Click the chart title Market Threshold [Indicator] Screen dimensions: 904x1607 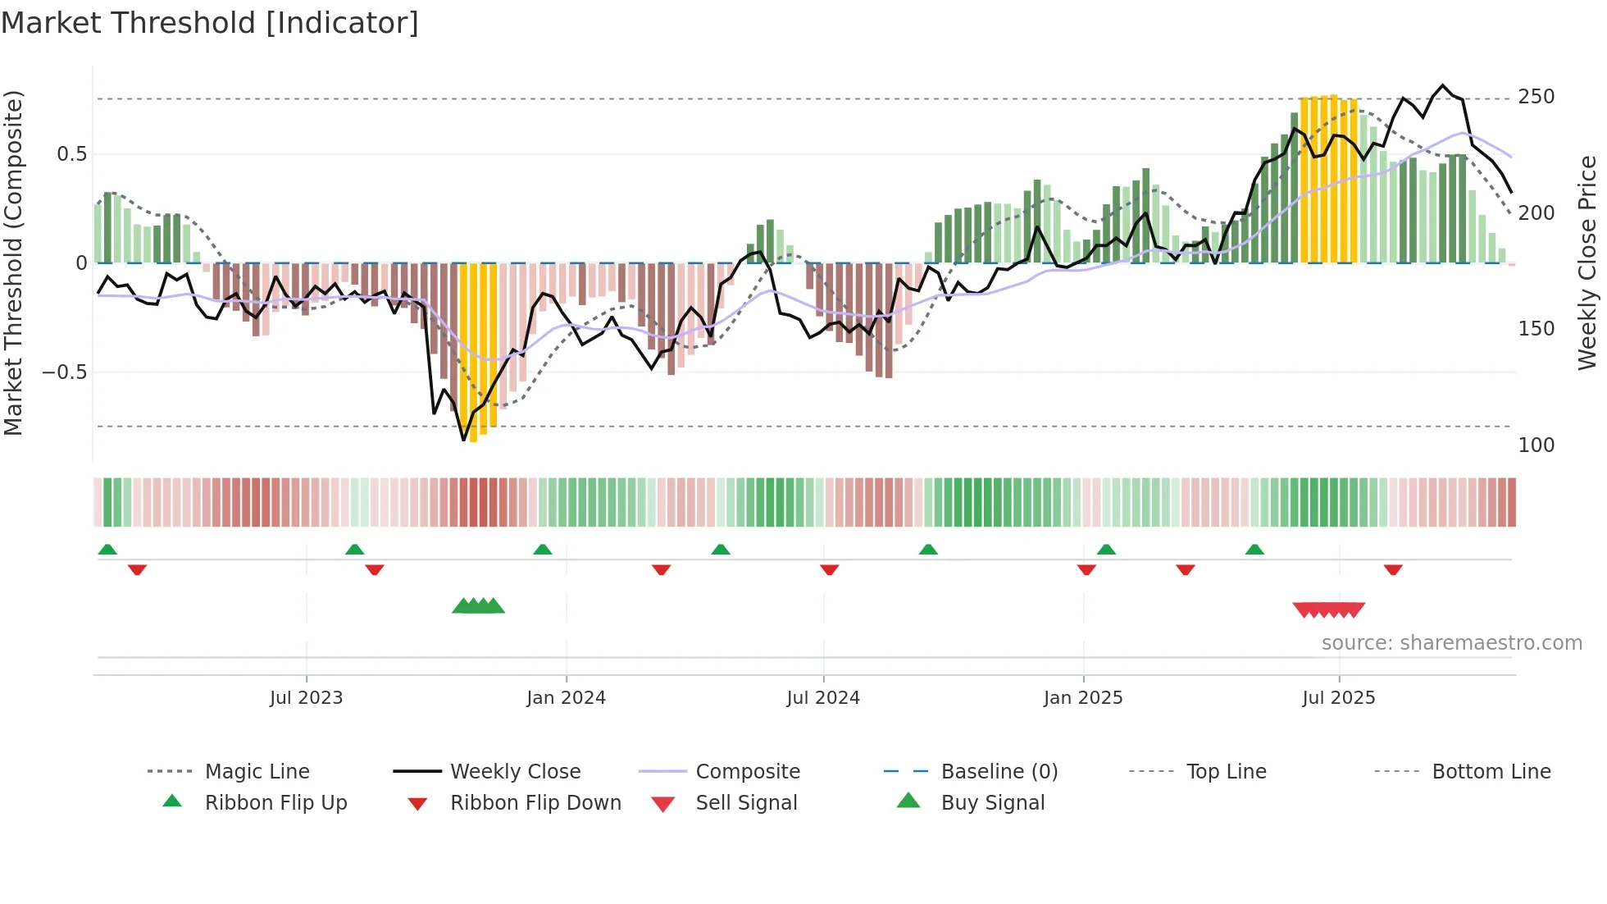coord(210,23)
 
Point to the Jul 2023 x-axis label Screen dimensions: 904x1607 coord(306,698)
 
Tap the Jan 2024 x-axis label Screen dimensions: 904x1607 coord(566,698)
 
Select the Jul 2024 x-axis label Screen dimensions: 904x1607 coord(823,698)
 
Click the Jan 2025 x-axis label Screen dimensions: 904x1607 coord(1083,698)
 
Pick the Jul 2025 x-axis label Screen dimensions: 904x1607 coord(1339,698)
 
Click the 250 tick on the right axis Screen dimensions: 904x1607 coord(1536,97)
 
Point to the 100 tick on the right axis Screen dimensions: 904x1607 coord(1536,445)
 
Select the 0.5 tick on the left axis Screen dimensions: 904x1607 coord(71,154)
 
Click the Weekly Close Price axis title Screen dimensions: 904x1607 coord(1587,263)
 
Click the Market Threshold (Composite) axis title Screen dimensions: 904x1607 coord(14,263)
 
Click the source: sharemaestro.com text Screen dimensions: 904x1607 coord(1451,643)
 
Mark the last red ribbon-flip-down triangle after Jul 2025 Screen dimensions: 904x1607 coord(1393,569)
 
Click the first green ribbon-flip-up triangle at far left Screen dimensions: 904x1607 coord(107,550)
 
